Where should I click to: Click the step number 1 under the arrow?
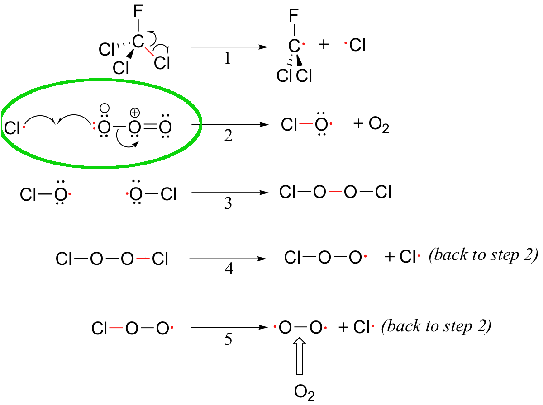pos(228,59)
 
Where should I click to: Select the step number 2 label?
pos(228,136)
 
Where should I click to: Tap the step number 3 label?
pos(228,203)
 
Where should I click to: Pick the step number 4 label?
pos(229,269)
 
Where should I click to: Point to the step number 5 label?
pos(228,339)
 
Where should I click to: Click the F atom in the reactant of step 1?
pos(138,11)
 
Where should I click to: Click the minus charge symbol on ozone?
pos(105,108)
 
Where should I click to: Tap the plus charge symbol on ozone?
pos(135,113)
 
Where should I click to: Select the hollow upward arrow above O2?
pos(300,356)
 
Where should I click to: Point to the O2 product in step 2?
pos(379,125)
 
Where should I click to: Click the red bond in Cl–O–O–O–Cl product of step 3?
pos(335,192)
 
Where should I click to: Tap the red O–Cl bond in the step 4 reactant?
pos(143,259)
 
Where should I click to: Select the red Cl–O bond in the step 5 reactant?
pos(116,328)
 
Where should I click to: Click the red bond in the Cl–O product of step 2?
pos(306,123)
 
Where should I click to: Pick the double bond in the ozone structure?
pos(150,127)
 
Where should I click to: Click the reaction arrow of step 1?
pos(229,47)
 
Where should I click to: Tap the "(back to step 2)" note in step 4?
pos(483,255)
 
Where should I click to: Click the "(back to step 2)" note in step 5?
pos(436,326)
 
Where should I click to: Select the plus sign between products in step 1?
pos(324,45)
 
